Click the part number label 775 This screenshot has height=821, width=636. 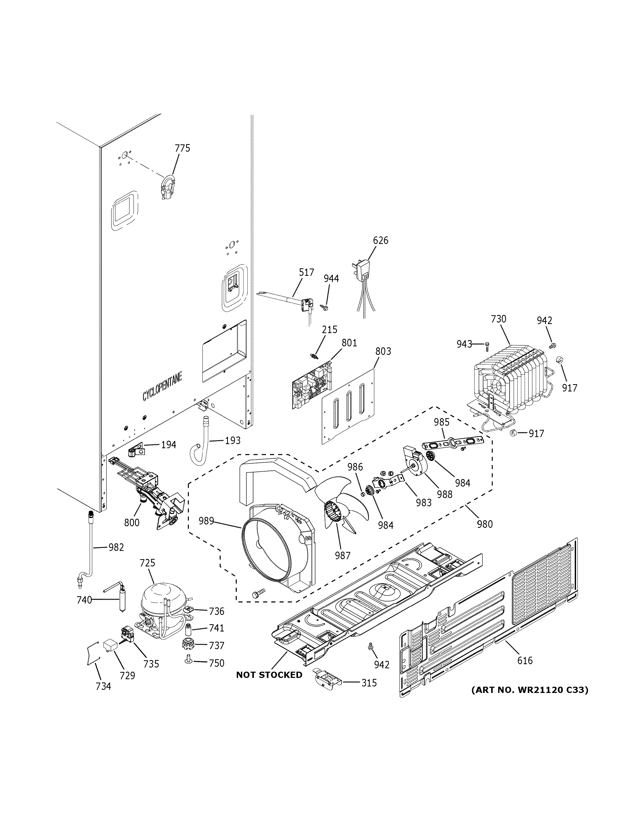[x=182, y=148]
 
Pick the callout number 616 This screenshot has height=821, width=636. [x=525, y=661]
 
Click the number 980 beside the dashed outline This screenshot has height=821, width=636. [x=484, y=524]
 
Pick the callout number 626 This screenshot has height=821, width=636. [x=381, y=240]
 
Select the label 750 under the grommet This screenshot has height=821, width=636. [x=216, y=663]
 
